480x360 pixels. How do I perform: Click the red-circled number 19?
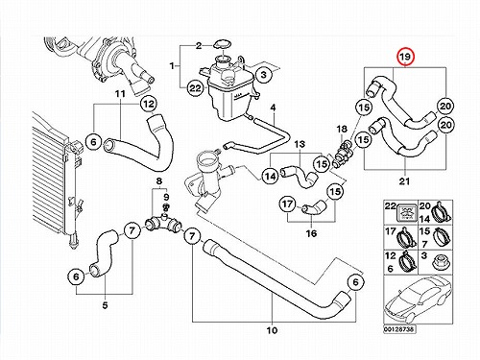405,57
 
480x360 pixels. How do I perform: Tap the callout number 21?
404,181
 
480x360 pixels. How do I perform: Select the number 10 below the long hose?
272,330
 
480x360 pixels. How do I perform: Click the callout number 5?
105,305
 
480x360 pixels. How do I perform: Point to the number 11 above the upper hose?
120,94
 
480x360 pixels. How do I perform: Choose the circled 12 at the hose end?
149,104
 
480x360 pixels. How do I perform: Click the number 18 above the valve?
342,129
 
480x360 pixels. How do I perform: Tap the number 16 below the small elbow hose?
311,233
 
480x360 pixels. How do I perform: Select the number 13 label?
300,144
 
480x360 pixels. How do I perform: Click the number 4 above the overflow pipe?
273,108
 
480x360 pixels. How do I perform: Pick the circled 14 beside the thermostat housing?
271,176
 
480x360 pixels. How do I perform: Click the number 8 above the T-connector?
159,181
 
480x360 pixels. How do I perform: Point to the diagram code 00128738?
399,329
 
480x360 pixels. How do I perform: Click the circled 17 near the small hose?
287,204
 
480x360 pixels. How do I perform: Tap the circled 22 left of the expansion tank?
196,87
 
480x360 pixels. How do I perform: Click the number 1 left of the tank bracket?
172,66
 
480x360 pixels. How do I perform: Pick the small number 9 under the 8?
166,197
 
